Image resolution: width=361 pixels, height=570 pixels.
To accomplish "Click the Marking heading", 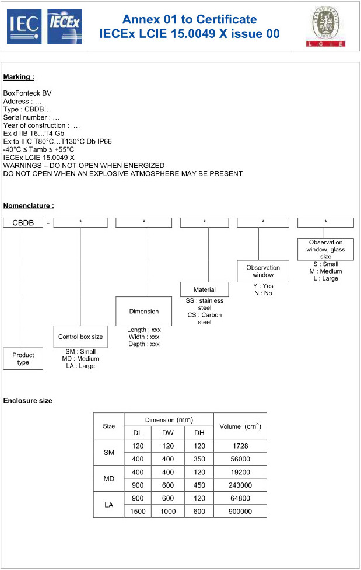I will pos(19,77).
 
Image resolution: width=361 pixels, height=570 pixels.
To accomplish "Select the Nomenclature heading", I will pos(29,205).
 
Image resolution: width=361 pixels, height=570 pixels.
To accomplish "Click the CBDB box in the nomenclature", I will pos(23,222).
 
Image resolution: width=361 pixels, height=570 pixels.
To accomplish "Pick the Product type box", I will pos(23,359).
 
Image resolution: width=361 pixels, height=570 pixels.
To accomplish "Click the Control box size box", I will pos(80,337).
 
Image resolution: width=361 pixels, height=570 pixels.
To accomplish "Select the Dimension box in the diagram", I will pos(144,311).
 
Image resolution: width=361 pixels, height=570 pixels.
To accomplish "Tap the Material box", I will pos(205,289).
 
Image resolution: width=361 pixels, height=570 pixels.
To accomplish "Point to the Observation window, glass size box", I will pos(326,249).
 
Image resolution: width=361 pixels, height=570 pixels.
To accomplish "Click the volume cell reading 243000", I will pos(240,485).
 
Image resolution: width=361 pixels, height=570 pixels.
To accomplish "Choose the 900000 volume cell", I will pos(240,511).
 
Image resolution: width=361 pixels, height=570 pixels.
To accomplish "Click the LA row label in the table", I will pos(109,505).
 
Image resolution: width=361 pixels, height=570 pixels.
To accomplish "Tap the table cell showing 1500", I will pos(138,511).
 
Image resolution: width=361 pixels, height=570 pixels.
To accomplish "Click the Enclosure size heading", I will pos(27,401).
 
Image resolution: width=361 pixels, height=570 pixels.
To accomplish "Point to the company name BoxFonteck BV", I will pos(27,93).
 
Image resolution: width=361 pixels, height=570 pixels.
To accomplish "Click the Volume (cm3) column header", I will pos(240,426).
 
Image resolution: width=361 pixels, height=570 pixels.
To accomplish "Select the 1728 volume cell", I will pos(240,446).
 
